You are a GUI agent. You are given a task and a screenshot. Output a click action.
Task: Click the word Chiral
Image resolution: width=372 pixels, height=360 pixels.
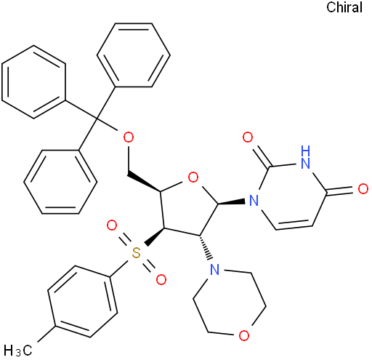[344, 7]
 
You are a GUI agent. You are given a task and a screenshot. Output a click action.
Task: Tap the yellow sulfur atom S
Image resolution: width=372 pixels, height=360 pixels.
[137, 253]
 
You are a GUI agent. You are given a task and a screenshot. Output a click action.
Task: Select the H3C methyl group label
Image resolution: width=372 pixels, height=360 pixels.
[18, 351]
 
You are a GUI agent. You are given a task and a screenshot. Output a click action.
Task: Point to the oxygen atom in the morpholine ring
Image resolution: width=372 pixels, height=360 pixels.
[243, 335]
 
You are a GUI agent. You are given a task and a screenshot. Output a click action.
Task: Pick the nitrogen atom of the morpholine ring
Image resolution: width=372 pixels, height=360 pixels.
[214, 269]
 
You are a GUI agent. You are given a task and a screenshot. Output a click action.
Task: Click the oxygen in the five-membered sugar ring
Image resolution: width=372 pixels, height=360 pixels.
[193, 177]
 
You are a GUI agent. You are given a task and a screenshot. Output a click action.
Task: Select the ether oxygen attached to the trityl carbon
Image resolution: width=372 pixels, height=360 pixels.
[129, 137]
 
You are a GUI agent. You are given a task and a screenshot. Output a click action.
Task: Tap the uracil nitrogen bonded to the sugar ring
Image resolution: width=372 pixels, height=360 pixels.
[254, 201]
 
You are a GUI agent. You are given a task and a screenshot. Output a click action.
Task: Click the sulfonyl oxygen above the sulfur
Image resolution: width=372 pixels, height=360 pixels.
[112, 225]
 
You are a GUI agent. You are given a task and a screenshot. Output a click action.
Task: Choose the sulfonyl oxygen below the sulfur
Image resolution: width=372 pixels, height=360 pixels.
[161, 280]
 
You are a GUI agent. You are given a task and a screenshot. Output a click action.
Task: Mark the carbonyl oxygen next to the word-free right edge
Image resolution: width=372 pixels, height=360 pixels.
[363, 188]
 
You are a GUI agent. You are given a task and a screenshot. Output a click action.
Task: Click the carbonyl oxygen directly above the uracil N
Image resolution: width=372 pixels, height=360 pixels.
[248, 137]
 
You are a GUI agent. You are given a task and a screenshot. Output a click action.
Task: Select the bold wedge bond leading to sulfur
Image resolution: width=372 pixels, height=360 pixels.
[154, 237]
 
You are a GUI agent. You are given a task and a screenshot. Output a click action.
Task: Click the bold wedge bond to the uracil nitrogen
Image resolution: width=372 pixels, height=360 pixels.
[232, 203]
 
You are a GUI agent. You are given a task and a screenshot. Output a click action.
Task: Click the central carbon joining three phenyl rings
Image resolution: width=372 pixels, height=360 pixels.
[97, 119]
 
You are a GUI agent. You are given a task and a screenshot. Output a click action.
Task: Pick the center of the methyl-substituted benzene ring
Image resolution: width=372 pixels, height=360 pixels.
[83, 301]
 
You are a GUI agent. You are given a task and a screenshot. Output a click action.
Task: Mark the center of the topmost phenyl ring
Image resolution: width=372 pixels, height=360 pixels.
[134, 55]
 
